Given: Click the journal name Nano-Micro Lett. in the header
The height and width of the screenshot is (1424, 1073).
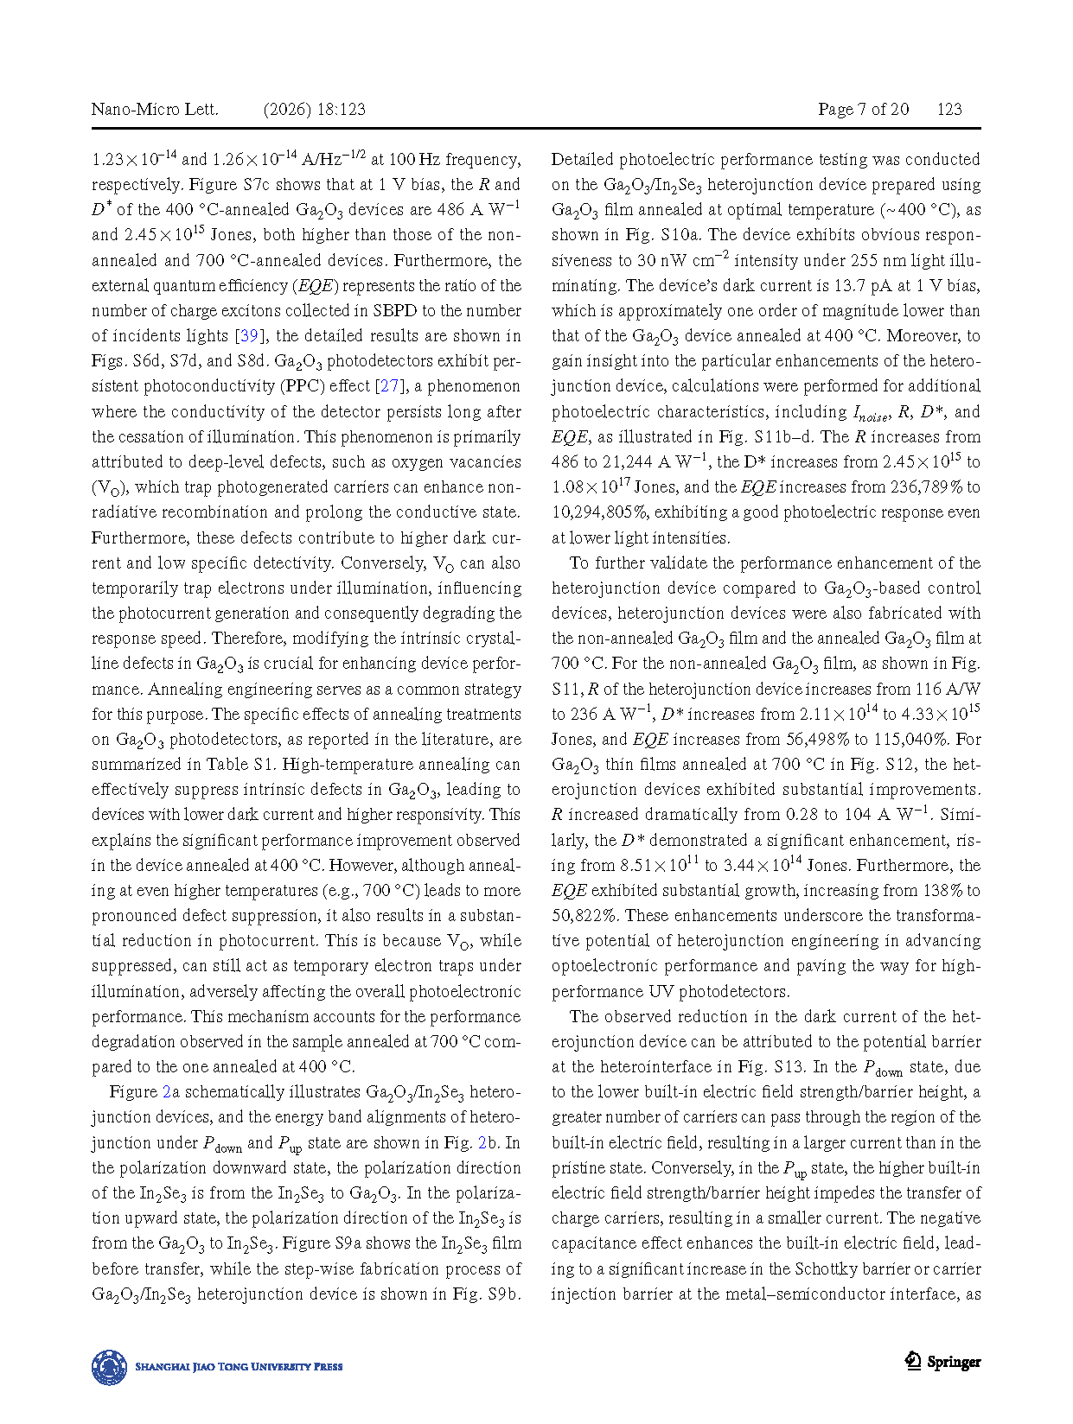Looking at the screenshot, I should click(155, 109).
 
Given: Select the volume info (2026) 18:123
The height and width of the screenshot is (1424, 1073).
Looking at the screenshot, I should click(314, 109).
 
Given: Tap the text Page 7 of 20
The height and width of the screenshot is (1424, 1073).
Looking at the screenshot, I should click(863, 109).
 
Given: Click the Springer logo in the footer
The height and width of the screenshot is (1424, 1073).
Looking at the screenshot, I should click(942, 1362).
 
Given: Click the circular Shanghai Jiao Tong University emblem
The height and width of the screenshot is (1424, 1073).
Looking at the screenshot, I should click(110, 1367).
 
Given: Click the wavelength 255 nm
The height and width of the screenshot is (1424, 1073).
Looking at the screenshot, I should click(879, 260).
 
